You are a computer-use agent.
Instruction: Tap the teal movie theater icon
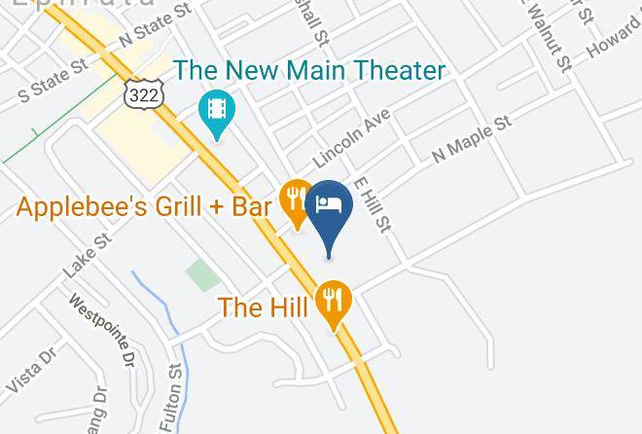(x=215, y=110)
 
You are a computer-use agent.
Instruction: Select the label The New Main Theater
(x=309, y=71)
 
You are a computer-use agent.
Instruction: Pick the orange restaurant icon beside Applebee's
(x=296, y=199)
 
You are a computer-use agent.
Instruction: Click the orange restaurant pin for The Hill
(x=336, y=302)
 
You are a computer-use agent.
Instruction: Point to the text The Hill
(x=264, y=307)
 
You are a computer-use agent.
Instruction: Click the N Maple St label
(x=472, y=139)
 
